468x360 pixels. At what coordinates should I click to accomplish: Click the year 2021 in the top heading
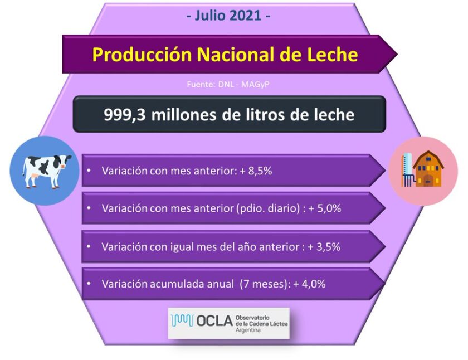245,16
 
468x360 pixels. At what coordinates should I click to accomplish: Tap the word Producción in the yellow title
142,55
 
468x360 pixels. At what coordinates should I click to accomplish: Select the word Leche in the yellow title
332,55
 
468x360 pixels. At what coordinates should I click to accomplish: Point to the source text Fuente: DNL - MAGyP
228,85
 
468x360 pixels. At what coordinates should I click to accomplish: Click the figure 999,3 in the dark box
124,115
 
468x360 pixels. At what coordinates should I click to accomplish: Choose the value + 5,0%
325,208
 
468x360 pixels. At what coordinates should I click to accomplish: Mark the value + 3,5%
324,246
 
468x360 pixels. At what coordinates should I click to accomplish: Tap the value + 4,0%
309,284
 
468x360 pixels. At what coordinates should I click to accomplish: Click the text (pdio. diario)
268,208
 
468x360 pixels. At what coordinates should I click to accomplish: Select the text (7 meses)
264,284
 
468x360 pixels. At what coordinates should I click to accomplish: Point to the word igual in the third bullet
184,247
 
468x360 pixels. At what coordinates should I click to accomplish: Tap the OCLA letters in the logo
214,321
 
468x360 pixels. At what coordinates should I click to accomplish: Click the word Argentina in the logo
248,330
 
